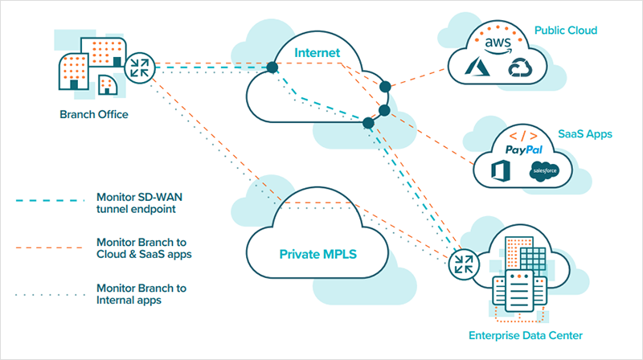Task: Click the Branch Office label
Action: [x=94, y=114]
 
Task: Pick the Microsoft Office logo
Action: [x=502, y=170]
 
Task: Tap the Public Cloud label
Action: [x=566, y=31]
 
